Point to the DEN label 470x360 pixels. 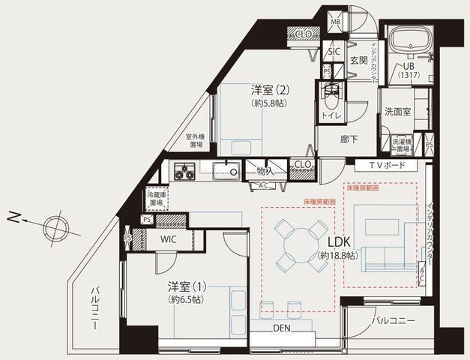282,328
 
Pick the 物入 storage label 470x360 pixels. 265,171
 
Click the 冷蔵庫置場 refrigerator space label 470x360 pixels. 155,198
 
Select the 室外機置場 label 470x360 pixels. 196,142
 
